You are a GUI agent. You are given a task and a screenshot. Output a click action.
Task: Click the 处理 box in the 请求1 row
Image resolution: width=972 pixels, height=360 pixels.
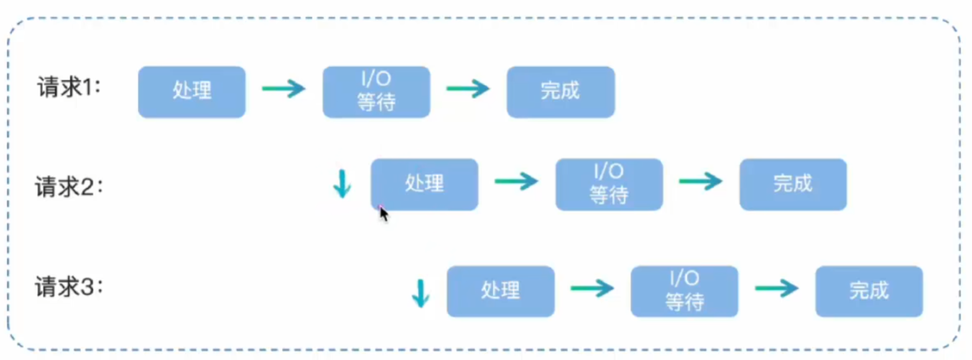(x=192, y=92)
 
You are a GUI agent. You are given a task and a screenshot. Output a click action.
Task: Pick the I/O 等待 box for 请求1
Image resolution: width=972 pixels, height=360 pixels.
(x=376, y=92)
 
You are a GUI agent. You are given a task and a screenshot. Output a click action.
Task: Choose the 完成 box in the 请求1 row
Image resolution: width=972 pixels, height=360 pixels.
(x=561, y=92)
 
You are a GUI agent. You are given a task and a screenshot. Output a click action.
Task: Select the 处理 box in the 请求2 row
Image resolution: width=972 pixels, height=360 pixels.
(x=424, y=184)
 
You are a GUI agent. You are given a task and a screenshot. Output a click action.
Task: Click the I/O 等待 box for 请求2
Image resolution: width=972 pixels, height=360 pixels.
(x=609, y=184)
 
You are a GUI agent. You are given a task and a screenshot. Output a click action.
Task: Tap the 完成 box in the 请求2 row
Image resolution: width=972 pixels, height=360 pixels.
(x=794, y=184)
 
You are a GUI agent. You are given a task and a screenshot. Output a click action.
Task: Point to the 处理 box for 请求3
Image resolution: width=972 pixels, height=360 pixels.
(x=501, y=292)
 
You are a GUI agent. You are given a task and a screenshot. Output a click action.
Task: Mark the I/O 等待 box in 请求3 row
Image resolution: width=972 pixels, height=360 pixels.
(x=684, y=292)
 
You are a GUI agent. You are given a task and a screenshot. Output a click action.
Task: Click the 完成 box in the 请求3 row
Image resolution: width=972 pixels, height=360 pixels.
(x=869, y=292)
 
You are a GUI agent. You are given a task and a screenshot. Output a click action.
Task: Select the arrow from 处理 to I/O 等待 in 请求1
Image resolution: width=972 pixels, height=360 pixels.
(x=284, y=89)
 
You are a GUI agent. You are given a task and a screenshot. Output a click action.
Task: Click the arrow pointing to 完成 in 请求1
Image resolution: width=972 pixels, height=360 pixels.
(x=468, y=89)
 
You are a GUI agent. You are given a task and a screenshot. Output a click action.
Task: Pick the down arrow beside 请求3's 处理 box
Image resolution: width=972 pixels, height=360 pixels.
(x=420, y=293)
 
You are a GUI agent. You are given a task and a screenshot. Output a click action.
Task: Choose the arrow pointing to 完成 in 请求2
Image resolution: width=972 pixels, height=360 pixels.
(x=701, y=182)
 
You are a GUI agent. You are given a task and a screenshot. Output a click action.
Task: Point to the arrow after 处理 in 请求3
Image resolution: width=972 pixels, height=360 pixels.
(x=592, y=288)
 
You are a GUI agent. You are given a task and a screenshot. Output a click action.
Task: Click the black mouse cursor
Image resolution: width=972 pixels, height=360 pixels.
(x=383, y=214)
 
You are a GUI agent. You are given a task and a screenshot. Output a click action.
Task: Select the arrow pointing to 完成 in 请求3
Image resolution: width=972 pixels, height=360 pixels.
(x=777, y=288)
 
